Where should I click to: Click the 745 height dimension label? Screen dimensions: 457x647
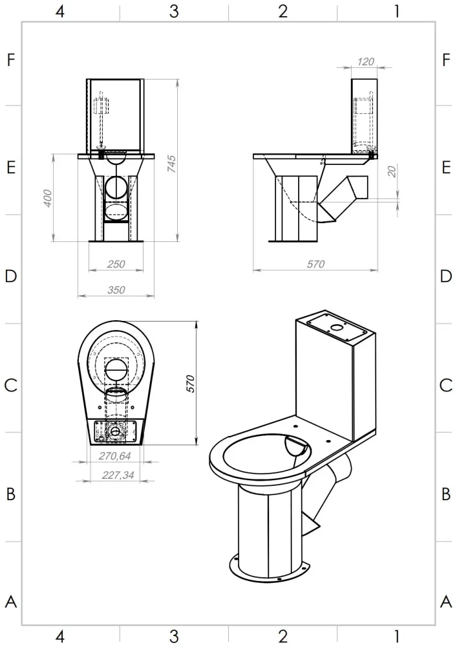(172, 164)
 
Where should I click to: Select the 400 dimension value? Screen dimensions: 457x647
(48, 198)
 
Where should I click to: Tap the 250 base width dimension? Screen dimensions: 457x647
(116, 264)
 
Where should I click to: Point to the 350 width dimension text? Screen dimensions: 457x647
(116, 290)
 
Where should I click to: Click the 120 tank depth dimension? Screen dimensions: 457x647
(365, 62)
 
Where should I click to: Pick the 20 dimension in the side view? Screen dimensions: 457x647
(392, 171)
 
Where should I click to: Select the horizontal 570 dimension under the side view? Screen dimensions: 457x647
(315, 264)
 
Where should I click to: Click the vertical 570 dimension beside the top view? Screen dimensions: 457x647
(190, 384)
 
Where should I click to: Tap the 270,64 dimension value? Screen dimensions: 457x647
(115, 456)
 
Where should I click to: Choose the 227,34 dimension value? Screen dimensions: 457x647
(118, 476)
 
